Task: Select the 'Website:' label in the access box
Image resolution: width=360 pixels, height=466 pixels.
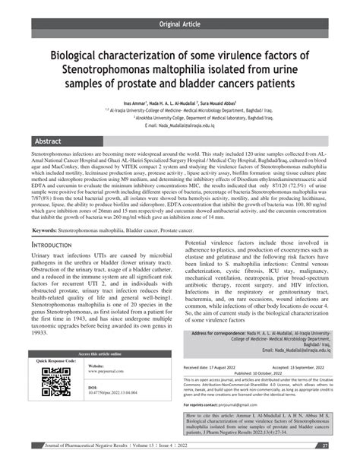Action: coord(97,366)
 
